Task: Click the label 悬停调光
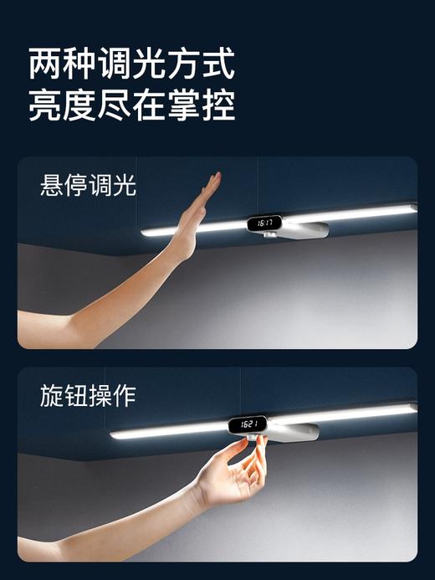click(x=88, y=185)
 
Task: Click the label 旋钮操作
click(x=88, y=395)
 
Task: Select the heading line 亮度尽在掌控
click(x=131, y=105)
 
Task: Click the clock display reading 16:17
click(x=264, y=223)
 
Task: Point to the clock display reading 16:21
click(x=249, y=425)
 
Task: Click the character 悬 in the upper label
click(x=52, y=185)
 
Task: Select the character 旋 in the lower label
click(x=52, y=395)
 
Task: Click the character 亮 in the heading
click(x=47, y=105)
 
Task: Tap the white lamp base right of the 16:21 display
click(x=293, y=431)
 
